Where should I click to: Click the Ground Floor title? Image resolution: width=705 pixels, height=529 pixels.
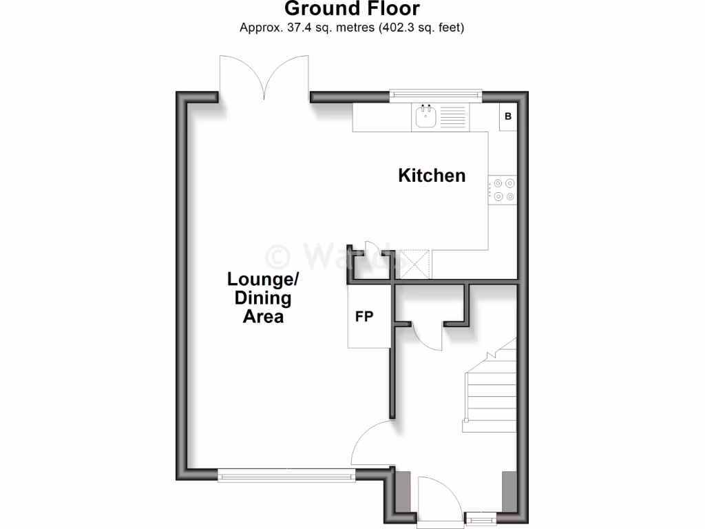coord(352,9)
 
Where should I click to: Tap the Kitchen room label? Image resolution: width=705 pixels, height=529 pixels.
coord(432,176)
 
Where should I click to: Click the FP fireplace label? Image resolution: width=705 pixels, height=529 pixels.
coord(364,317)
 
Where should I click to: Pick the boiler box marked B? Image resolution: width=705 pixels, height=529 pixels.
coord(508,116)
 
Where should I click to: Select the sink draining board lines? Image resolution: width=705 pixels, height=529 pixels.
coord(452,117)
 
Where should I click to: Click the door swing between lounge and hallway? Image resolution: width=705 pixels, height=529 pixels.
coord(372,444)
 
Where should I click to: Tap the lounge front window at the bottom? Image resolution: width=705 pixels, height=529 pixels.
coord(285,475)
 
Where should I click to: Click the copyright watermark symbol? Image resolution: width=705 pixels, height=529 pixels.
coord(278,257)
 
